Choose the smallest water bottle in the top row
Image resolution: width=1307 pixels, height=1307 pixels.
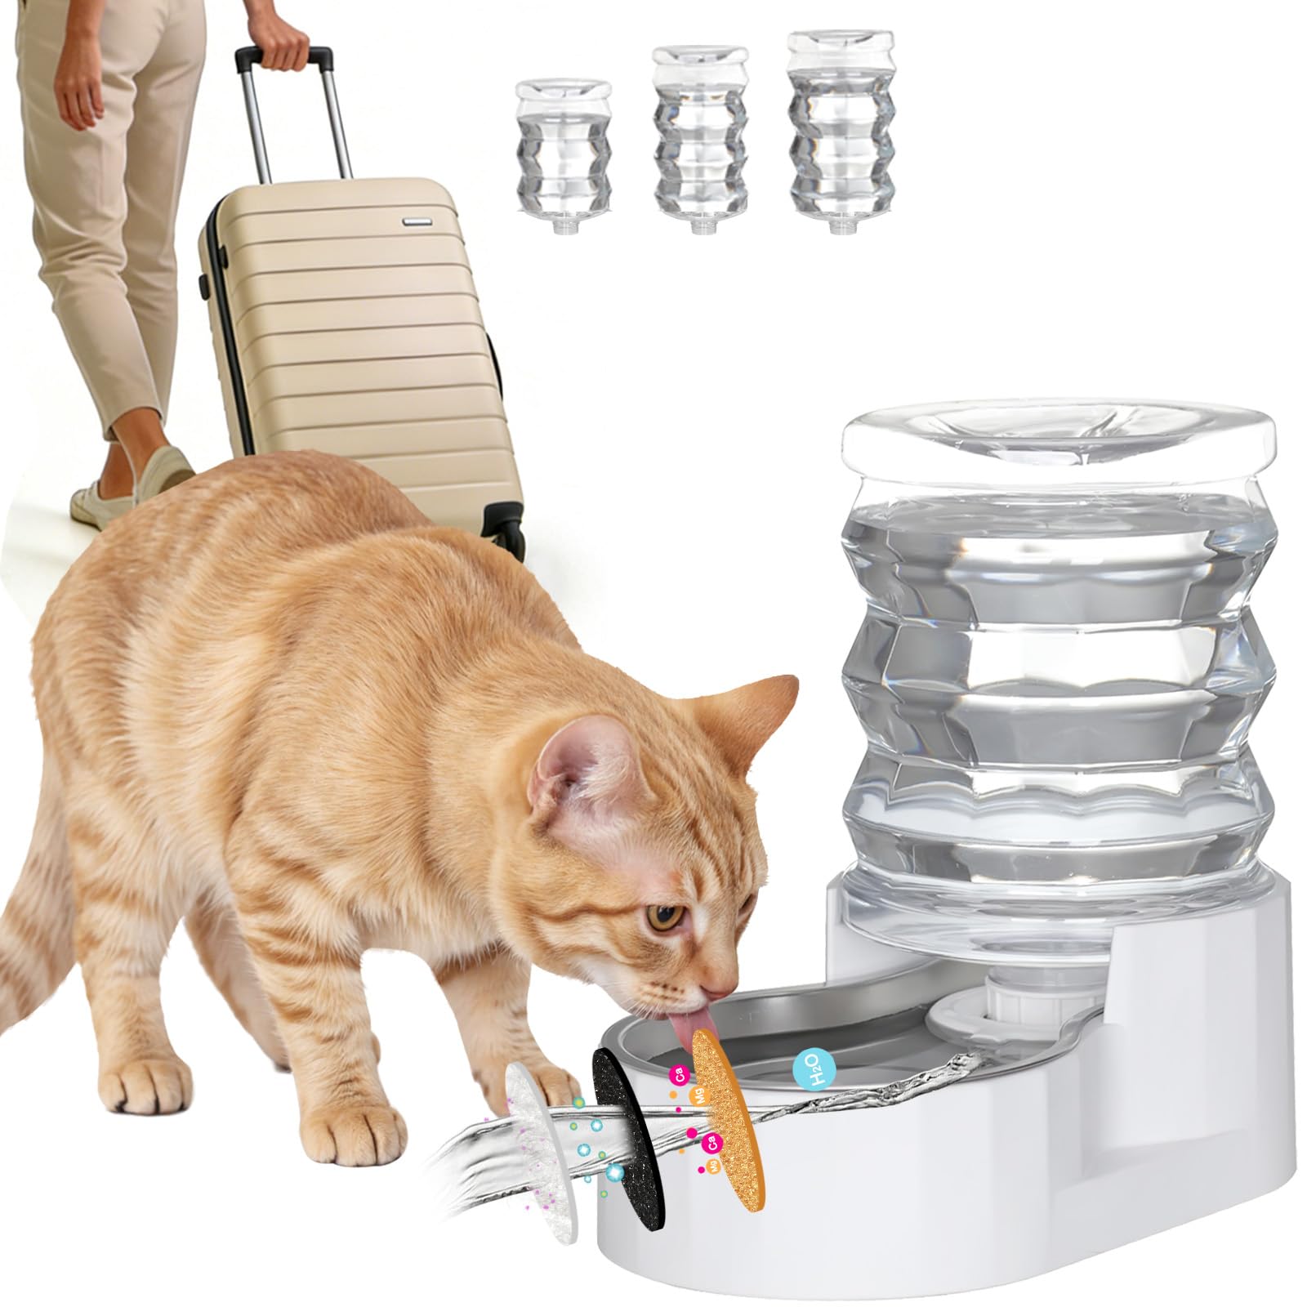(x=564, y=155)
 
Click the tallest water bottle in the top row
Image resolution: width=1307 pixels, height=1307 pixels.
(x=836, y=131)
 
